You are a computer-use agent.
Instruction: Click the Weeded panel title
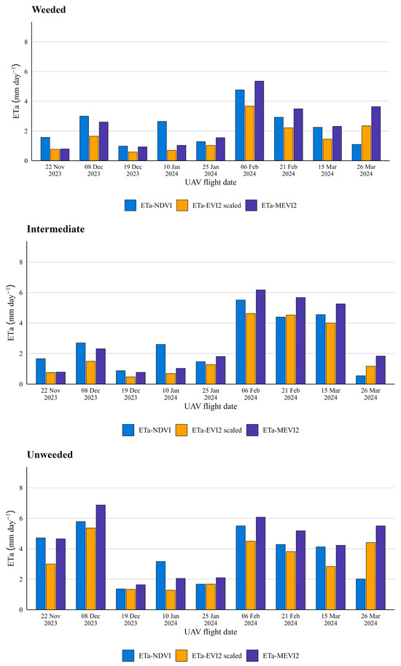[x=48, y=9]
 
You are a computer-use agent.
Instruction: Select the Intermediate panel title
[x=55, y=230]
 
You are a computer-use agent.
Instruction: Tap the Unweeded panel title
[x=50, y=455]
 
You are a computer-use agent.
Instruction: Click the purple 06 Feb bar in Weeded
[x=259, y=121]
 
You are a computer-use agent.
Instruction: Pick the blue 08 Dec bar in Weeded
[x=84, y=138]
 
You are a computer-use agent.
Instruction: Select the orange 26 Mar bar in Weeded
[x=366, y=143]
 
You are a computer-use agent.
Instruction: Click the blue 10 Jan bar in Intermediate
[x=160, y=364]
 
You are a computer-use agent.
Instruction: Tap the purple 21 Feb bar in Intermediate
[x=300, y=340]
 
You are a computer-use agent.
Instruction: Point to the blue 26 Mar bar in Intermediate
[x=360, y=380]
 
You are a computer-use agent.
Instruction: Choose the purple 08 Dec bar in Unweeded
[x=101, y=557]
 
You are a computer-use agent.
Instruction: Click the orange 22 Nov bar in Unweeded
[x=50, y=587]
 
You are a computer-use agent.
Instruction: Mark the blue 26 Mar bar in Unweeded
[x=360, y=594]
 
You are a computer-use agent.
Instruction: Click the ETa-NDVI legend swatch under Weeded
[x=131, y=205]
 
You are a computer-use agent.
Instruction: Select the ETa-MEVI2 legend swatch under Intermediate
[x=252, y=430]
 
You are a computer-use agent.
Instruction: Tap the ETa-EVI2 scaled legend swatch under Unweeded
[x=182, y=656]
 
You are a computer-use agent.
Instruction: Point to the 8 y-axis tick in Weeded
[x=26, y=42]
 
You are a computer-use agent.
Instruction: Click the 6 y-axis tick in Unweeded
[x=20, y=519]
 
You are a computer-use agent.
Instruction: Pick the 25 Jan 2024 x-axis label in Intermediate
[x=211, y=394]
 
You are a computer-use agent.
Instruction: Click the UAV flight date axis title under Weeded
[x=211, y=183]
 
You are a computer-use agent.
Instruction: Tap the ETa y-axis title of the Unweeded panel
[x=12, y=538]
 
